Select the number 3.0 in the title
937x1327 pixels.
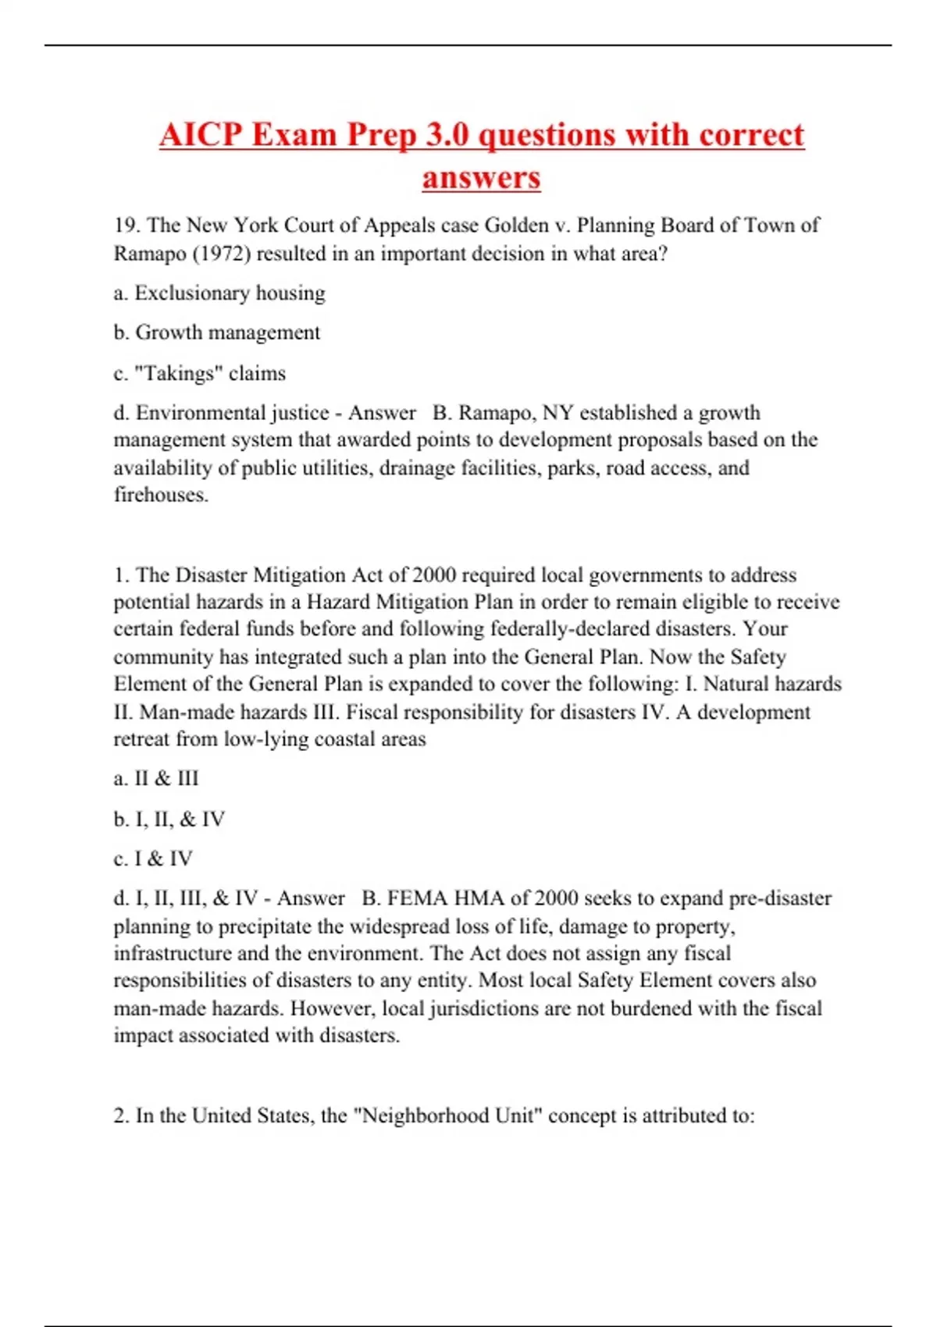click(x=447, y=135)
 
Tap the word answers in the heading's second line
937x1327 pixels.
click(x=481, y=177)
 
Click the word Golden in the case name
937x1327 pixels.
click(x=517, y=226)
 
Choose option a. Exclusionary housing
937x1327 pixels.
click(x=219, y=294)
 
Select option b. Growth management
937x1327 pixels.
click(x=217, y=333)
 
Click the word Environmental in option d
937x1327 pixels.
click(x=193, y=412)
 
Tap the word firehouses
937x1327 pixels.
click(x=160, y=495)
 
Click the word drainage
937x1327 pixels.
click(x=417, y=468)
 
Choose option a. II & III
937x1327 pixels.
click(x=156, y=778)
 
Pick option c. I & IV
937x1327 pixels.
click(x=153, y=859)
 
